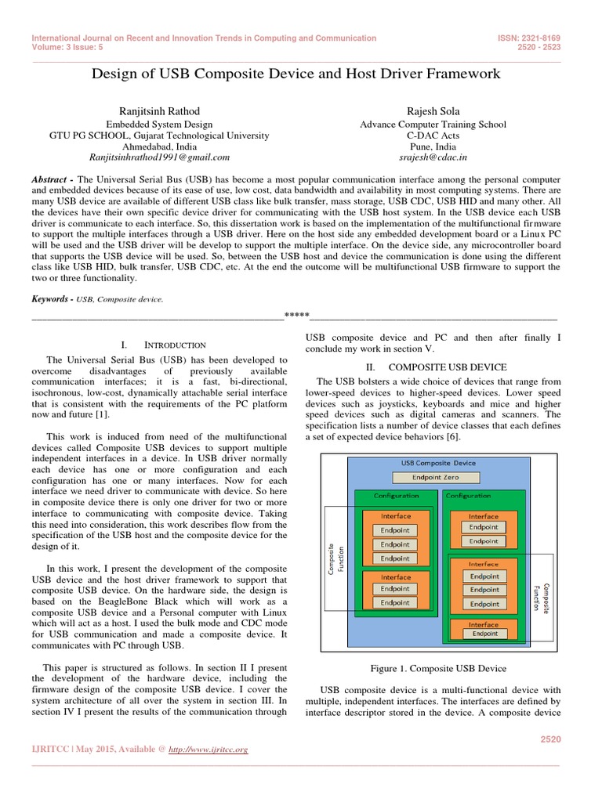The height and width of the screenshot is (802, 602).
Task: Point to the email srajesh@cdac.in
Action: coord(433,157)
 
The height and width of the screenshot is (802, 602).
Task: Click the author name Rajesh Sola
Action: coord(433,110)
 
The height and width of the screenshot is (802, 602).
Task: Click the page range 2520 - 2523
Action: coord(540,46)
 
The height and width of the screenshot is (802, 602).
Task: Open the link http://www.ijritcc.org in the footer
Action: coord(209,750)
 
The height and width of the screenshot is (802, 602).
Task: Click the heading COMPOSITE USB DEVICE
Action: coord(447,367)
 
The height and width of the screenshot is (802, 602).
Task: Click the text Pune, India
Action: coord(433,146)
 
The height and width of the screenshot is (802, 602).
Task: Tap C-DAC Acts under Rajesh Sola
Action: coord(433,135)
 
